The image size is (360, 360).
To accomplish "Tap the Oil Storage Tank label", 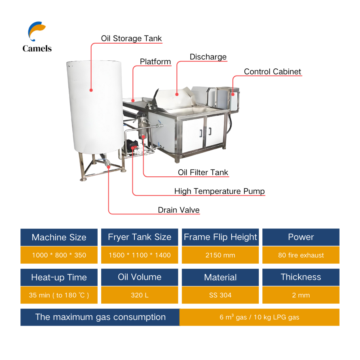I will [x=131, y=38].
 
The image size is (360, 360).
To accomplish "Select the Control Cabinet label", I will [x=272, y=72].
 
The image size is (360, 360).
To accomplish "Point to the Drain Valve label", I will [x=178, y=210].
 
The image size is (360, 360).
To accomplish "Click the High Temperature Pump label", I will [x=219, y=191].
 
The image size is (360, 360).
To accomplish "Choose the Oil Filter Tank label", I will [x=203, y=172].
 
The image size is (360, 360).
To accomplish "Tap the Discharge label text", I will [x=208, y=57].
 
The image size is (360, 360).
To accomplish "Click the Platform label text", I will [x=155, y=62].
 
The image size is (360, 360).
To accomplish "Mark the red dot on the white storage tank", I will [x=91, y=90].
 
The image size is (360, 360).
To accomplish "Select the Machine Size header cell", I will [x=59, y=237].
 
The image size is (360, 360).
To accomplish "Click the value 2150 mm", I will [x=220, y=255].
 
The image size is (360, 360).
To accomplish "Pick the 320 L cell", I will [x=140, y=295].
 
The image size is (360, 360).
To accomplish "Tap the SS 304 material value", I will [x=220, y=295].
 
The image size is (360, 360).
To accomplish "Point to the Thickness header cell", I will [x=301, y=277].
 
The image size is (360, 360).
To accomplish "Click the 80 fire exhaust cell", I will [x=301, y=255].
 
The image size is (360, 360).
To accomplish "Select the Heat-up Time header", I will [x=59, y=277].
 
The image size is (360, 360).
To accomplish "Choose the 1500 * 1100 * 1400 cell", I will [x=140, y=255].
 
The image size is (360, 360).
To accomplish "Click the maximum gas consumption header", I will [x=100, y=317].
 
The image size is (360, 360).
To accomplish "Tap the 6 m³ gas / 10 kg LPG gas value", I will [x=259, y=317].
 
